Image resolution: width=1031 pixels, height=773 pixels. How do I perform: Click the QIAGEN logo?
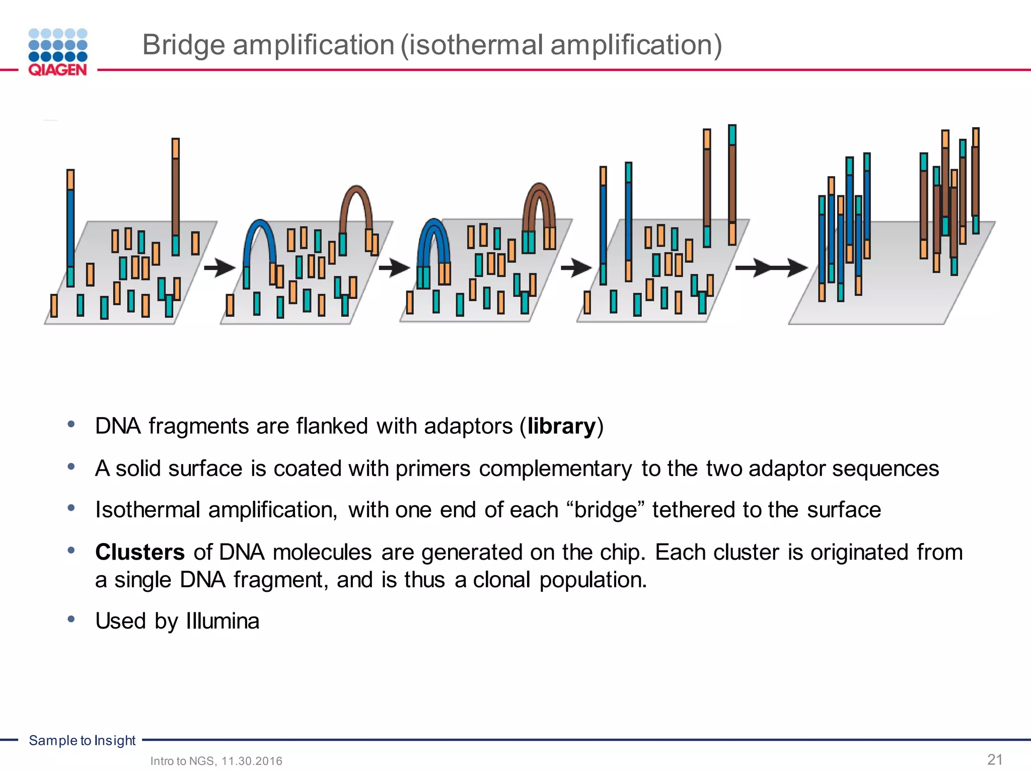pyautogui.click(x=58, y=52)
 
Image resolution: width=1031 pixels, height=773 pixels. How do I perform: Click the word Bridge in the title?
pyautogui.click(x=183, y=45)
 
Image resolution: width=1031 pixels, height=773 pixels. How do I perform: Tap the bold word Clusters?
pyautogui.click(x=140, y=552)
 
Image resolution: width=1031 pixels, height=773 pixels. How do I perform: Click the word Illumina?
pyautogui.click(x=223, y=621)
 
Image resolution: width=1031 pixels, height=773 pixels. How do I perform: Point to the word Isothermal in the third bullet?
pyautogui.click(x=147, y=510)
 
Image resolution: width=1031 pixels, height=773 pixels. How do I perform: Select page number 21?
pyautogui.click(x=995, y=759)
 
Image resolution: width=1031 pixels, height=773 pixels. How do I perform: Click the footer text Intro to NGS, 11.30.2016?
pyautogui.click(x=216, y=761)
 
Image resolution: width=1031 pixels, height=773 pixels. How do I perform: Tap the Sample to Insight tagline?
pyautogui.click(x=82, y=740)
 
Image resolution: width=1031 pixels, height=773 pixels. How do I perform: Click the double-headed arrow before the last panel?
pyautogui.click(x=770, y=268)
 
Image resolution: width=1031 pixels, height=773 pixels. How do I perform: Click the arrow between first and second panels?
pyautogui.click(x=219, y=268)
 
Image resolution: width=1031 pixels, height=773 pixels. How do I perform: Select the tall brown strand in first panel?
pyautogui.click(x=175, y=196)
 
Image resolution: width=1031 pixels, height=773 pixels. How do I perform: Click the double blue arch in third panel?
pyautogui.click(x=433, y=237)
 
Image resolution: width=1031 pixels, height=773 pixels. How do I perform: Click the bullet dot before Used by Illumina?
pyautogui.click(x=71, y=619)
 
